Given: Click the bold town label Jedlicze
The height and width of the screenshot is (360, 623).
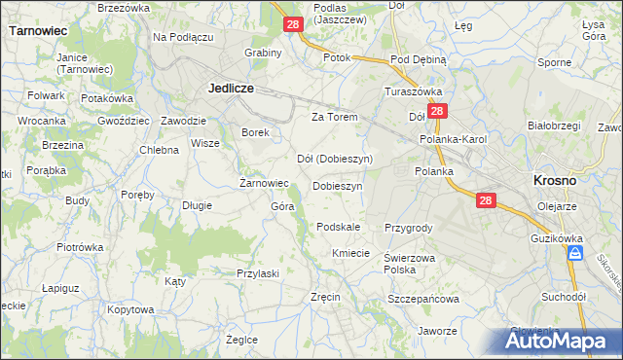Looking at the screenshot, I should pyautogui.click(x=231, y=88).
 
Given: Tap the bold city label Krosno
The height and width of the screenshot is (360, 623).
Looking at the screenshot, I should pyautogui.click(x=555, y=181).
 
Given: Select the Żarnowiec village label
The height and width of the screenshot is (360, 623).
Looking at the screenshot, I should pyautogui.click(x=265, y=183).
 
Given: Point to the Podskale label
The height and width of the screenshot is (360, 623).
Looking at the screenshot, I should pyautogui.click(x=339, y=227).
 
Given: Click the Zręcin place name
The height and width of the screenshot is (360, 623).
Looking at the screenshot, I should pyautogui.click(x=324, y=296).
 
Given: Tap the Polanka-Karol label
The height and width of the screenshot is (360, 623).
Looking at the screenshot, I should pyautogui.click(x=453, y=139).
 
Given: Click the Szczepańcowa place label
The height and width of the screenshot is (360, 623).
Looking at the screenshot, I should pyautogui.click(x=423, y=300).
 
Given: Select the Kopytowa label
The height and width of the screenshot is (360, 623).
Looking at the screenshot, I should pyautogui.click(x=131, y=309).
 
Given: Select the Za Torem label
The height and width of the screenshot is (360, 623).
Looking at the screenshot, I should pyautogui.click(x=335, y=117).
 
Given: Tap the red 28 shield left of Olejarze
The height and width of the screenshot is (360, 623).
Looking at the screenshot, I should pyautogui.click(x=488, y=199).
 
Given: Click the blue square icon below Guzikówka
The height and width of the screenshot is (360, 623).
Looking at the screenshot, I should pyautogui.click(x=575, y=253).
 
